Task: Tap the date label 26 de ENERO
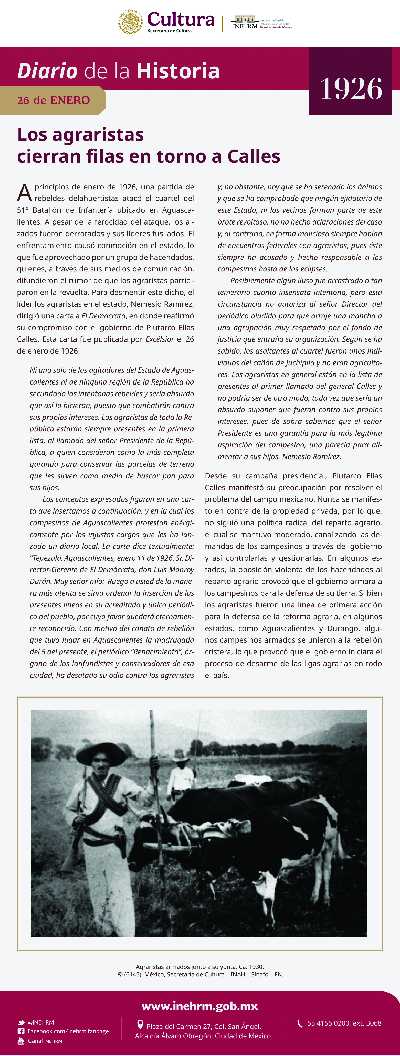[x=53, y=100]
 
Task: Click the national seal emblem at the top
[x=130, y=22]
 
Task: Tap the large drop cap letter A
[x=24, y=193]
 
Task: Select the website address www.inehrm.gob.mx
[x=200, y=1006]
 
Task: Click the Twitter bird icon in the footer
[x=21, y=1023]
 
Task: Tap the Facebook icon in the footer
[x=21, y=1031]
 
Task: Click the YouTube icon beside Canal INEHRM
[x=21, y=1041]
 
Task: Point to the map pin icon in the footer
[x=140, y=1025]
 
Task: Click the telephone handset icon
[x=300, y=1023]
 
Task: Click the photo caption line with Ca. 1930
[x=200, y=967]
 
